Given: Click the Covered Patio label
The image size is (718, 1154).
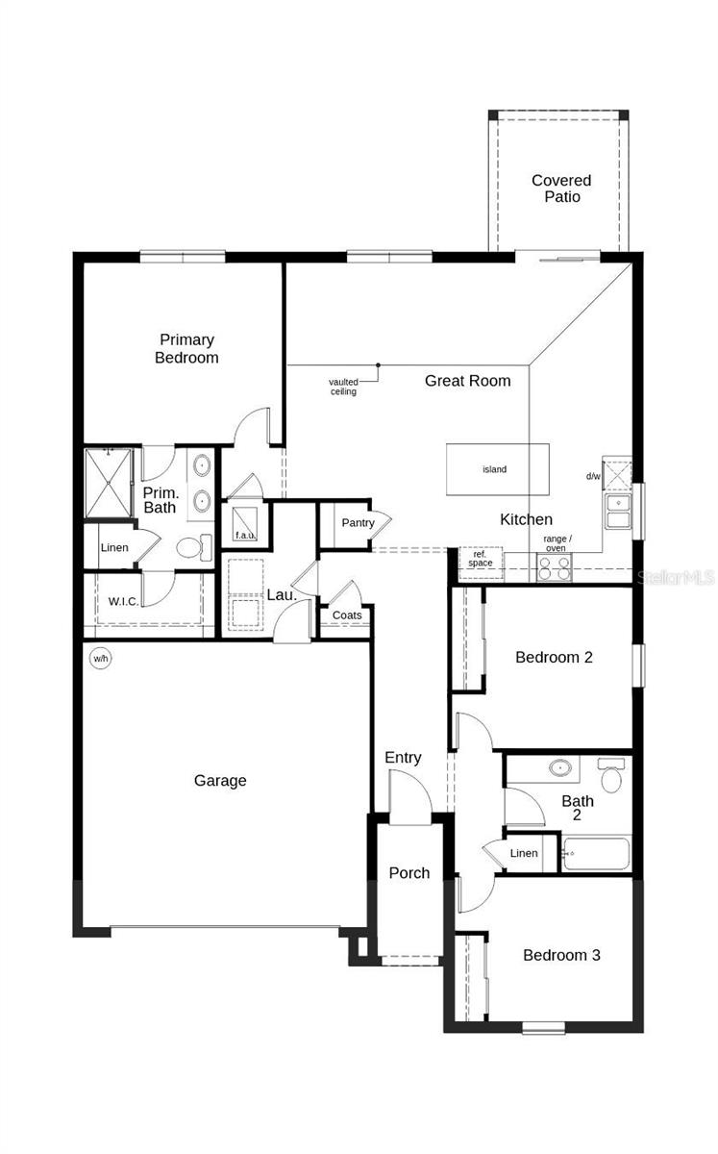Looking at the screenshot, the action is [x=561, y=188].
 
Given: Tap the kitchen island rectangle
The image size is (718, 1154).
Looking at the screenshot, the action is [x=498, y=469].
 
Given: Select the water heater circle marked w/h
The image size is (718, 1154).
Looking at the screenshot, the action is [x=100, y=659].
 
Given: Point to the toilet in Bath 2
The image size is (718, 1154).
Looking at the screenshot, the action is [x=611, y=774].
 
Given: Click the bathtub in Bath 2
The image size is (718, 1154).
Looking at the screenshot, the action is [x=597, y=854].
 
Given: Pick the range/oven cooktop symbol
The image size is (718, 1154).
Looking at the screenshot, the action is [x=555, y=567].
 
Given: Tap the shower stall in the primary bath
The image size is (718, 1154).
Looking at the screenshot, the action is [x=109, y=483].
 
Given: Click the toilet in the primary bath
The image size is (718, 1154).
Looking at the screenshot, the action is [x=194, y=547].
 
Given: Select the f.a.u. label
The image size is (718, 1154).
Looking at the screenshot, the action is [x=245, y=535].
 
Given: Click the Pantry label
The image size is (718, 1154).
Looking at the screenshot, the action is [x=358, y=523].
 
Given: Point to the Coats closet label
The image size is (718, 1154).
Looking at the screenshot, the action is [x=347, y=615].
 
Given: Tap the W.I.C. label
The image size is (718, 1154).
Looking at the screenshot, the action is [x=124, y=601].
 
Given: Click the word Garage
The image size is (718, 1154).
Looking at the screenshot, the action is [x=220, y=781].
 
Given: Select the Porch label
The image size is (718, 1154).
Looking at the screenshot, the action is [x=409, y=873].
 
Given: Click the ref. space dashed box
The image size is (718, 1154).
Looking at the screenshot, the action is [x=481, y=563].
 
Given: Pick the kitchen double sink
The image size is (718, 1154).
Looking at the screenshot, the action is [x=618, y=511].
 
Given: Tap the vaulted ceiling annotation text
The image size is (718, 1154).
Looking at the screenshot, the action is [x=343, y=387].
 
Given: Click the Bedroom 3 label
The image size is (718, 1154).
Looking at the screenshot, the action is [x=562, y=955].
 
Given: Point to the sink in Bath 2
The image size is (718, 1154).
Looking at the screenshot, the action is [x=559, y=768].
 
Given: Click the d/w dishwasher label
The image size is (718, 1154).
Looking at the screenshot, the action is [x=593, y=477].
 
